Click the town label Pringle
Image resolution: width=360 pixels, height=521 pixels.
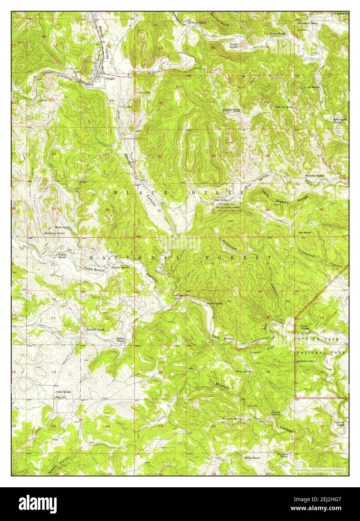[x=110, y=79]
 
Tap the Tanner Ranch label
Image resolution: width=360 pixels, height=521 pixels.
[x=233, y=46]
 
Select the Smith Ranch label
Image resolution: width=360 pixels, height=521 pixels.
[x=278, y=33]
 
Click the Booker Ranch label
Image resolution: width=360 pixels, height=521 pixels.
[x=231, y=110]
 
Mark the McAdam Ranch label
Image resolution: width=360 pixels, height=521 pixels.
[x=315, y=175]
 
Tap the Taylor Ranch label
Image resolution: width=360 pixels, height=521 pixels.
[x=214, y=303]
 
